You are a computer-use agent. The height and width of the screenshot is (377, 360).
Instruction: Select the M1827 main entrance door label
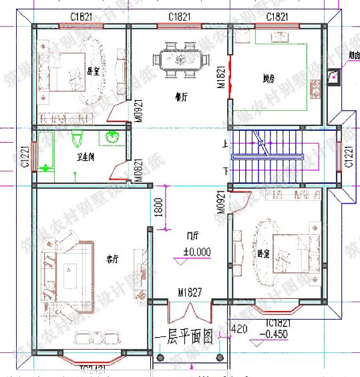(190, 292)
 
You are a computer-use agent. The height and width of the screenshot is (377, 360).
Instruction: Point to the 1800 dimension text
(158, 209)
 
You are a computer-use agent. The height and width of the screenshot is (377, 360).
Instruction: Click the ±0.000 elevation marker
(196, 252)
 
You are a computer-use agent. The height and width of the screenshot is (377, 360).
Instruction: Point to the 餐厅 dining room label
(180, 97)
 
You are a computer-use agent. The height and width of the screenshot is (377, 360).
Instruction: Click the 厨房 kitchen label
(268, 77)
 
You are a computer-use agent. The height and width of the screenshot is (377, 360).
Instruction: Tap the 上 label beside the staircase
(225, 143)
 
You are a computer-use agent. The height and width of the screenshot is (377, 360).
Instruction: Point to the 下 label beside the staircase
(225, 171)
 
